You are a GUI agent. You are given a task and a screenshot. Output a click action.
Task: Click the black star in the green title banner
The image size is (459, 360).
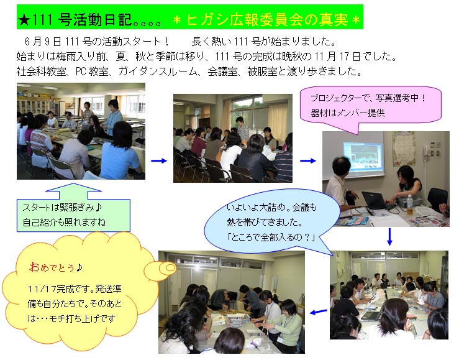[x=24, y=20]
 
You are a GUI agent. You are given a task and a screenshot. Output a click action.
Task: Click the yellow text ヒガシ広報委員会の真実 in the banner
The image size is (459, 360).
[x=267, y=20]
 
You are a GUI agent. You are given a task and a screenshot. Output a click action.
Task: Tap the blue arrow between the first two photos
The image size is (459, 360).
[x=158, y=160]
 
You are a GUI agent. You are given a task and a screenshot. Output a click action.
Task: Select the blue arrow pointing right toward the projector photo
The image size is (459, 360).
[x=308, y=160]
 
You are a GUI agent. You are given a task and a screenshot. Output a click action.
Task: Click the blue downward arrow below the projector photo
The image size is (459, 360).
[x=389, y=237]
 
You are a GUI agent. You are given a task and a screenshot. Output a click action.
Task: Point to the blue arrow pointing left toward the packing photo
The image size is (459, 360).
[x=319, y=312]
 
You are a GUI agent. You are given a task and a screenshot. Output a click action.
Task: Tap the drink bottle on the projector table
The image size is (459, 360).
[x=409, y=205]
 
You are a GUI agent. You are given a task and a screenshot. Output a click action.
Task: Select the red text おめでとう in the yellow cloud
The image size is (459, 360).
[x=52, y=267]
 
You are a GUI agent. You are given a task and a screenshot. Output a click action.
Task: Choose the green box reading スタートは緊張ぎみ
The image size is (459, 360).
[x=73, y=215]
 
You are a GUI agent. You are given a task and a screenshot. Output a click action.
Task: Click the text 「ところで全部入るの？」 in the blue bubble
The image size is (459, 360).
[x=271, y=237]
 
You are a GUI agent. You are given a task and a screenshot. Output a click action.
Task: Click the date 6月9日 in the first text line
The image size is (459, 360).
[x=43, y=42]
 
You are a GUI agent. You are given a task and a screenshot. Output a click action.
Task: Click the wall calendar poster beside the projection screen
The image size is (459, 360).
[x=404, y=149]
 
